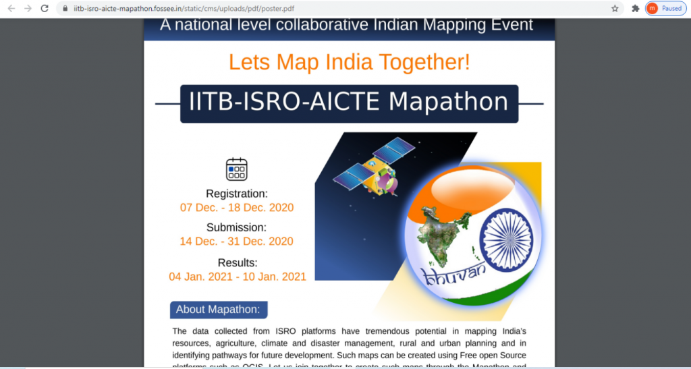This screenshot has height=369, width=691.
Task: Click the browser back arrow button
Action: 11,9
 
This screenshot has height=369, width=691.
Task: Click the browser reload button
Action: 45,9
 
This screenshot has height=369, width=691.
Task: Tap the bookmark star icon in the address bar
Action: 615,9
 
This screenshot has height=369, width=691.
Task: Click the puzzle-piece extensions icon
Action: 635,9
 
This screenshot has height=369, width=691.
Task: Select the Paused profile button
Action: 665,9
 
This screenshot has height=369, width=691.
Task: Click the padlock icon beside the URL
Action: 65,9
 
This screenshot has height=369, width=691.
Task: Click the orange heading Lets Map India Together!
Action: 349,62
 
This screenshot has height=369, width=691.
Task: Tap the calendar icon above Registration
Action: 237,169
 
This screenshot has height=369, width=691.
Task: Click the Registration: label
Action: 237,194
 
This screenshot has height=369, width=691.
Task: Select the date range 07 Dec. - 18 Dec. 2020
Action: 237,208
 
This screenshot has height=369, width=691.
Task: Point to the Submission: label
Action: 237,227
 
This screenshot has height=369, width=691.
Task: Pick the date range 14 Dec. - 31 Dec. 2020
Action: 237,242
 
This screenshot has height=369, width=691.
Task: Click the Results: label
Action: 238,262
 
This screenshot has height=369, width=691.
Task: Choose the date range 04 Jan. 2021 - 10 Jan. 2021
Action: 238,277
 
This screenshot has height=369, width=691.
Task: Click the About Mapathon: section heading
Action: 218,310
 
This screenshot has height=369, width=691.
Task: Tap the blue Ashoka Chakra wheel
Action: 505,240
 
